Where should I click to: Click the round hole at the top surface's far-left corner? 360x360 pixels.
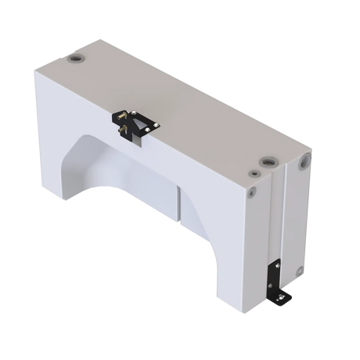pos(77,59)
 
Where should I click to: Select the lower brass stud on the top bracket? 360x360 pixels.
pos(126,132)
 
